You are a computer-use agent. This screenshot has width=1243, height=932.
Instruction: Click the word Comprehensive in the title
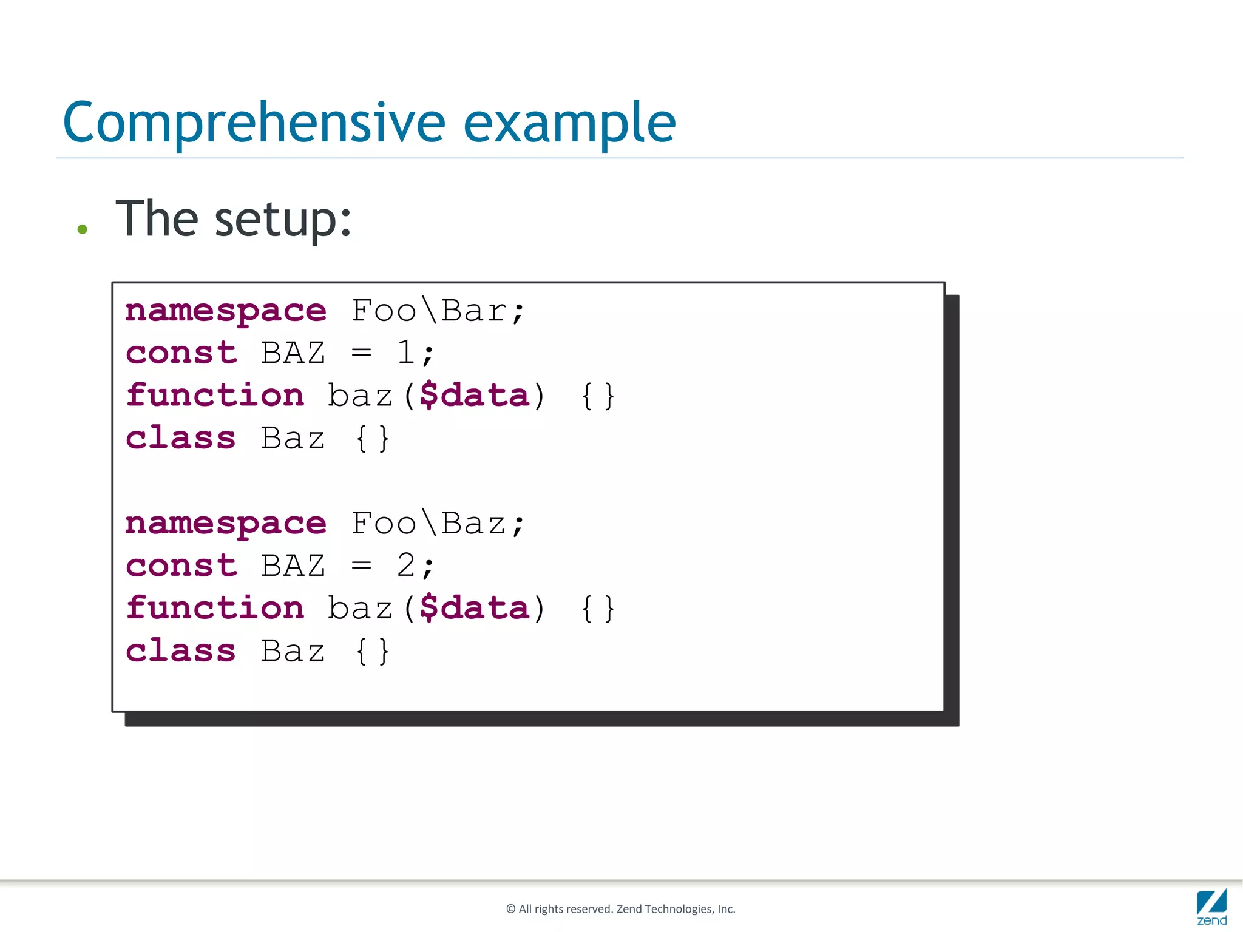click(254, 123)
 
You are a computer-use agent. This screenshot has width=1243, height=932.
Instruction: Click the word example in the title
click(569, 123)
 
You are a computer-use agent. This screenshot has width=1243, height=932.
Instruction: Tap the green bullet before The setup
click(83, 229)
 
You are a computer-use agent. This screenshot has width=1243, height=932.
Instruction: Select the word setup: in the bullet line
click(283, 220)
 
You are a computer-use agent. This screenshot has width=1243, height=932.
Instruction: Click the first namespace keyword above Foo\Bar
click(226, 312)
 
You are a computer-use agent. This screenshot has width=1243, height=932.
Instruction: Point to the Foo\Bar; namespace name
click(438, 311)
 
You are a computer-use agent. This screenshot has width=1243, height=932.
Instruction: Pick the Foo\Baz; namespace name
click(438, 523)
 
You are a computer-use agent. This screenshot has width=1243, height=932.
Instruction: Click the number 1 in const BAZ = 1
click(405, 353)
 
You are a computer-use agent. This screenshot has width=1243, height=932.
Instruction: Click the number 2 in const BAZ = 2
click(405, 566)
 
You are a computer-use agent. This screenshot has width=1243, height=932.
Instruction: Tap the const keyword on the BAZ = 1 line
click(181, 353)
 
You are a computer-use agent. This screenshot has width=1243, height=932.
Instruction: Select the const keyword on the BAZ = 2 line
click(181, 566)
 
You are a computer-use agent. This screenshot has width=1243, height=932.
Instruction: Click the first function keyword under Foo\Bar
click(215, 396)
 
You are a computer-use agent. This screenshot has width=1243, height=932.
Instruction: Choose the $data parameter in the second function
click(475, 609)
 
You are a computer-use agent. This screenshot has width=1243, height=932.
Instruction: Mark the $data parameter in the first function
click(475, 396)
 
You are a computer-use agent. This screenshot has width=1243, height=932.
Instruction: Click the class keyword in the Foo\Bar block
click(180, 438)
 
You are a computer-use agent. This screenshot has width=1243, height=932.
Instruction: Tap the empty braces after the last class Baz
click(372, 651)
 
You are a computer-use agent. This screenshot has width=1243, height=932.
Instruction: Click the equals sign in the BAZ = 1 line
click(361, 353)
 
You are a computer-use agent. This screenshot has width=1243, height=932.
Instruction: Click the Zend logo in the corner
click(1211, 907)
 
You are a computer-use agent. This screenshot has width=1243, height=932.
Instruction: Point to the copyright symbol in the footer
click(510, 909)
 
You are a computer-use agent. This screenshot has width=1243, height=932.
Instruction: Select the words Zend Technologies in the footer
click(664, 909)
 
